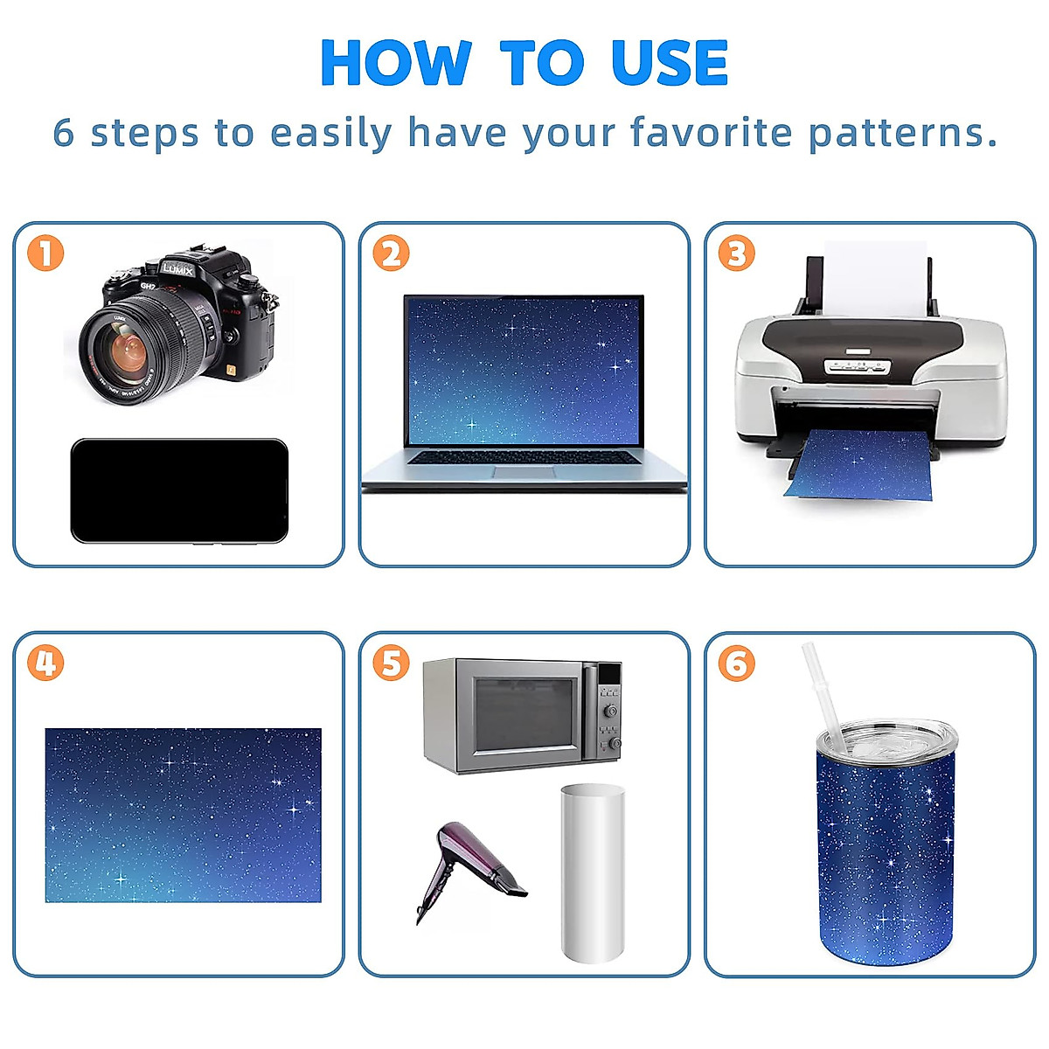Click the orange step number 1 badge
[45, 253]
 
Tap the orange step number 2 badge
[391, 253]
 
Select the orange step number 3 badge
[737, 253]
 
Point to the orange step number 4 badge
[45, 663]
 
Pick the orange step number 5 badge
[391, 663]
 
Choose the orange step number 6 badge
[737, 663]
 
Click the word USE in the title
[669, 63]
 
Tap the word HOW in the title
[396, 63]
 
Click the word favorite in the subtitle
[711, 132]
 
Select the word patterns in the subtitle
[902, 134]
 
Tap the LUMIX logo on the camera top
[178, 268]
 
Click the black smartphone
[179, 491]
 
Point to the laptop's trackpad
[524, 471]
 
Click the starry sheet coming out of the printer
[861, 464]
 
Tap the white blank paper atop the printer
[875, 279]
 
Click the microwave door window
[524, 713]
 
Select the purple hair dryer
[466, 870]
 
